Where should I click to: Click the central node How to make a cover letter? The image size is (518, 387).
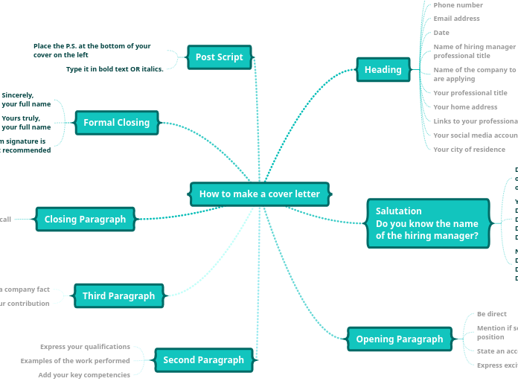coord(260,194)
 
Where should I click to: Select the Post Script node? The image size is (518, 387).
coord(220,57)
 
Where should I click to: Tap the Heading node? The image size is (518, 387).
coord(383,70)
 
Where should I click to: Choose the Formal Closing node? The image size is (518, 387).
coord(117,123)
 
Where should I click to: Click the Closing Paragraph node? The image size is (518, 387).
coord(86,220)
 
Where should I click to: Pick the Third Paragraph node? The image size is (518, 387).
coord(119,296)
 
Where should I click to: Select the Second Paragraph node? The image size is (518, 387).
coord(204,360)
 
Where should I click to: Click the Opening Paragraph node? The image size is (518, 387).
coord(400,339)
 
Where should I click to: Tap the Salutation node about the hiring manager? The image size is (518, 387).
coord(428,223)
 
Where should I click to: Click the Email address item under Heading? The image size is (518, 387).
coord(457,19)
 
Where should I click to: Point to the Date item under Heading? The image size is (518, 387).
coord(442,33)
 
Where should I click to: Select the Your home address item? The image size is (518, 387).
coord(466,107)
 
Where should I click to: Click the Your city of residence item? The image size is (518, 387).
coord(470,150)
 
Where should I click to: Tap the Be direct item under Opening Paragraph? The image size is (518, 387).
coord(492,314)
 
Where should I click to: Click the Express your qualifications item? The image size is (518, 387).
coord(86,347)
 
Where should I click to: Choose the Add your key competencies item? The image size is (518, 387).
coord(85,375)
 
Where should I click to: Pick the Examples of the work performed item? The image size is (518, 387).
coord(75,361)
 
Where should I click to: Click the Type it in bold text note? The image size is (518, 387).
coord(115,69)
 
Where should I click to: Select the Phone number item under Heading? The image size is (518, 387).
coord(458,5)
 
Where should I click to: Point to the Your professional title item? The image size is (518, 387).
coord(470,93)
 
